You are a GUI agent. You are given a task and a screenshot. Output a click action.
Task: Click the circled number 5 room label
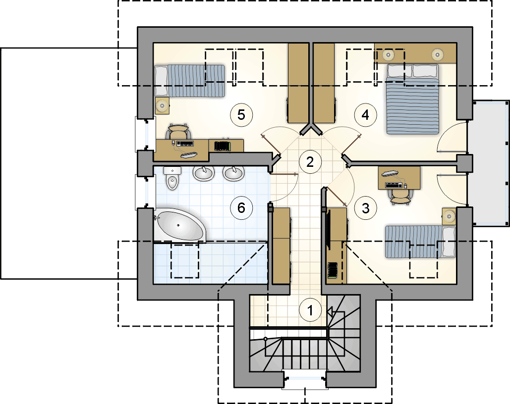(241, 115)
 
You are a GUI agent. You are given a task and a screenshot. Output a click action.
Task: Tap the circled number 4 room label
(365, 115)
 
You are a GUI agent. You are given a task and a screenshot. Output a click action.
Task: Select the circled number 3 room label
(365, 208)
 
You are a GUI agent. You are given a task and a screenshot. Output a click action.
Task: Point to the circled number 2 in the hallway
(310, 161)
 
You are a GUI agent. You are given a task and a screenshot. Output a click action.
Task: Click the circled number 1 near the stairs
(310, 310)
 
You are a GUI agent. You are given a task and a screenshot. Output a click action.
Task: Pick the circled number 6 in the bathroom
(241, 207)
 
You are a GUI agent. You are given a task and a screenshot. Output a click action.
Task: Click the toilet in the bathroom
(172, 178)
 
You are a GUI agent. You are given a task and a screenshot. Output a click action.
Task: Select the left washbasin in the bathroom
(204, 173)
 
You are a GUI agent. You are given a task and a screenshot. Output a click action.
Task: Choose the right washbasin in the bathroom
(233, 173)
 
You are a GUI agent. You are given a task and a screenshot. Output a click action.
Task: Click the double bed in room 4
(412, 99)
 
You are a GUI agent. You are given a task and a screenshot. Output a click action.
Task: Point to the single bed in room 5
(189, 81)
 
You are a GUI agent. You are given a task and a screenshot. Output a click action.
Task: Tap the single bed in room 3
(420, 242)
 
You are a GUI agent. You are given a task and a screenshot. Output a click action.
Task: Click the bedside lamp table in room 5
(162, 105)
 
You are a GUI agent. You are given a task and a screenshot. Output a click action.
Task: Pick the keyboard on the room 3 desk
(394, 185)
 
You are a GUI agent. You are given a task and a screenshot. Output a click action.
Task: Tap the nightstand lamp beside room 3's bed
(449, 216)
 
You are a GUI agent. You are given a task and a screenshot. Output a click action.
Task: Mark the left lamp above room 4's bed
(388, 54)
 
